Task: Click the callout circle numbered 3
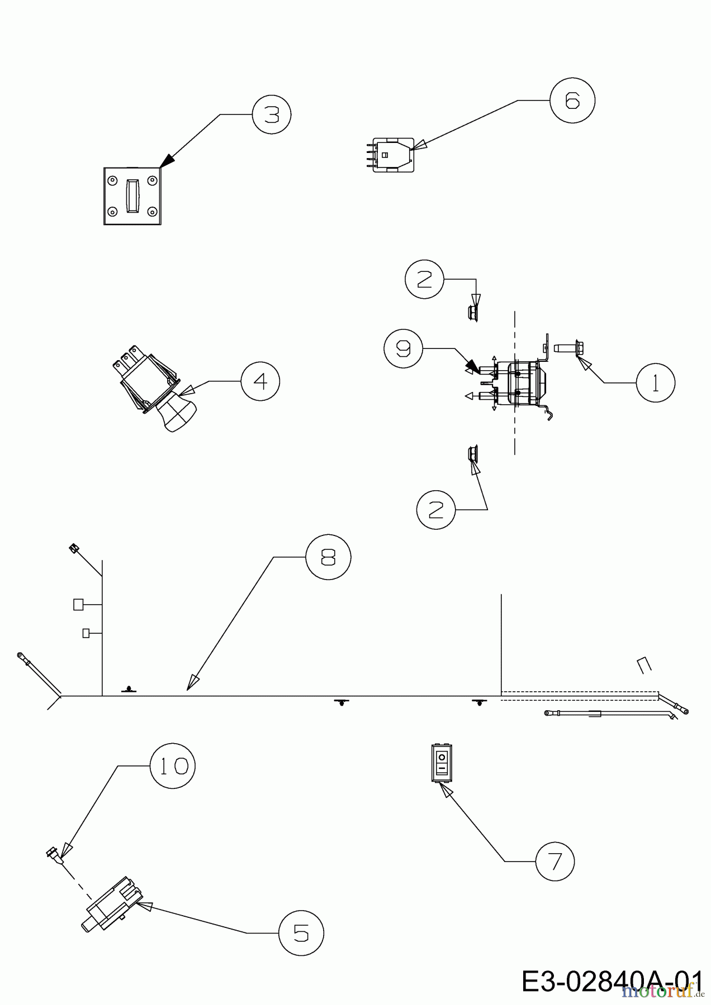[272, 115]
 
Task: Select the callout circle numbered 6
[572, 100]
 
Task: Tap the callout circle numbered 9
[403, 348]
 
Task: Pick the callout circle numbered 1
[656, 382]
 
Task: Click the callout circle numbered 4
[260, 381]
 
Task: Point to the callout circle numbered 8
[328, 557]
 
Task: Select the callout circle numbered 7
[555, 861]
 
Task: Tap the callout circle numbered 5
[301, 933]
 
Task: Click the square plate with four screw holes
[132, 196]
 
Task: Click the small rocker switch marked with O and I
[442, 763]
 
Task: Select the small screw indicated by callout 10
[54, 854]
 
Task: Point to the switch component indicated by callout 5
[109, 905]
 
